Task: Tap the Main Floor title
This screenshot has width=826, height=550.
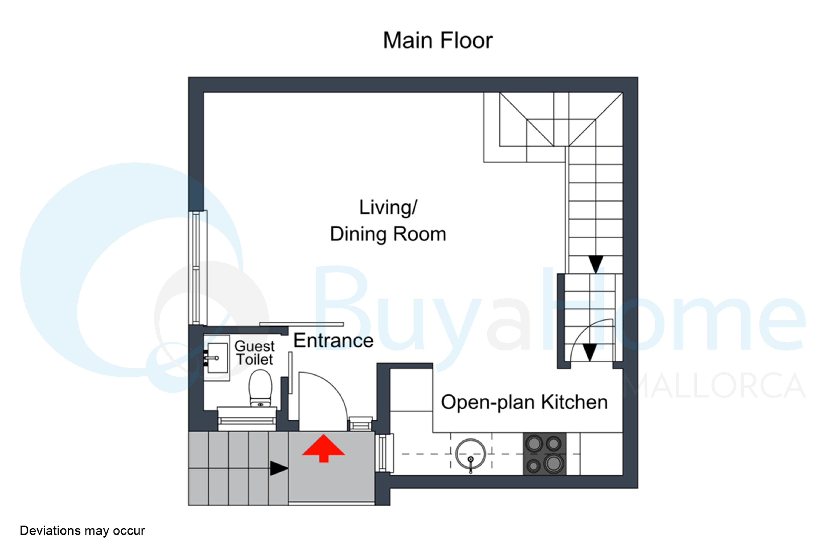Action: click(x=438, y=40)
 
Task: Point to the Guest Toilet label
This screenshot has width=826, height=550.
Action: click(x=255, y=353)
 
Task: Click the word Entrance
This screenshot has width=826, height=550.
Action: click(x=333, y=341)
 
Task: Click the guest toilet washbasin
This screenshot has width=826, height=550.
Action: click(x=217, y=358)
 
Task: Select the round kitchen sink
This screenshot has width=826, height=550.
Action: click(x=471, y=454)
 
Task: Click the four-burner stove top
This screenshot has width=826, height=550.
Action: click(x=545, y=454)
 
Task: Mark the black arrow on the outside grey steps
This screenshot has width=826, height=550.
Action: click(x=279, y=468)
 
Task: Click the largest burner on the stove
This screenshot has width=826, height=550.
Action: click(x=553, y=463)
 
